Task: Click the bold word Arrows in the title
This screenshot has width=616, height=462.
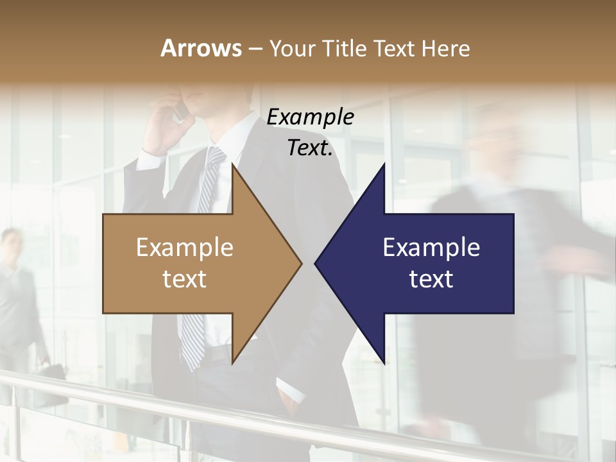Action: coord(201,48)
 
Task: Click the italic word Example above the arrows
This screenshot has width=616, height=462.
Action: coord(310,117)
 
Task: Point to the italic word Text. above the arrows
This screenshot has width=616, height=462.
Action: coord(310,148)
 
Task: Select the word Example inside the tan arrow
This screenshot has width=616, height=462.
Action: coord(184,247)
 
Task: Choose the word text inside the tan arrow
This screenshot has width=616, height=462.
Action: coord(184,279)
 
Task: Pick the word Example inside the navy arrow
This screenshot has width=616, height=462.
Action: coord(431,247)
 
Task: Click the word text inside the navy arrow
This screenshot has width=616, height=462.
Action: coord(431,279)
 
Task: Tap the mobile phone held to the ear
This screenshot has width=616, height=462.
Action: coord(182,110)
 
